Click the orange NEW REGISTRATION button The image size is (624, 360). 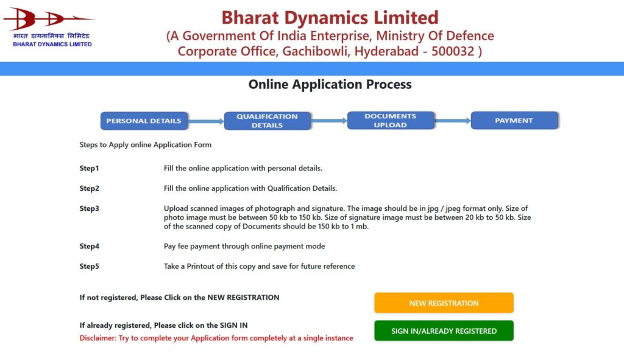coord(444,303)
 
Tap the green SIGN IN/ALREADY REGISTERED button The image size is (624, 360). coord(444,331)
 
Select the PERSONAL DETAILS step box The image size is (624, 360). coord(144,121)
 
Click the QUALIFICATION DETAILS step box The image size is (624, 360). coord(267,121)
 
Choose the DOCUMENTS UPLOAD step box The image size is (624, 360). coord(390,121)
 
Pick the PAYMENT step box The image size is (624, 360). coord(514,121)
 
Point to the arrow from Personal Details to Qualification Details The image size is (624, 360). coord(206,121)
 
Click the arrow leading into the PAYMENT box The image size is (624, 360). coord(452,121)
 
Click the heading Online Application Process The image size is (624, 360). coord(330,85)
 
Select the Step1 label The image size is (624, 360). coord(89,168)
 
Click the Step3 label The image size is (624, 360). coord(89,208)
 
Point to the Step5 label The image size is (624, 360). coord(89,266)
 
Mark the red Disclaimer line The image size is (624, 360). coord(216,338)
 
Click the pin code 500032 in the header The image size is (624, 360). coord(452,51)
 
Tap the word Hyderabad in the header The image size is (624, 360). coord(383,51)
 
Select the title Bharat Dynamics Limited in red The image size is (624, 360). coord(330,17)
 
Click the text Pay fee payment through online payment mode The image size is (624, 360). coord(244,246)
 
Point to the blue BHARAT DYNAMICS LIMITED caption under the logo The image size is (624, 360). coord(52,44)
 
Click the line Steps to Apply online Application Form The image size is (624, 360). coord(146,145)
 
